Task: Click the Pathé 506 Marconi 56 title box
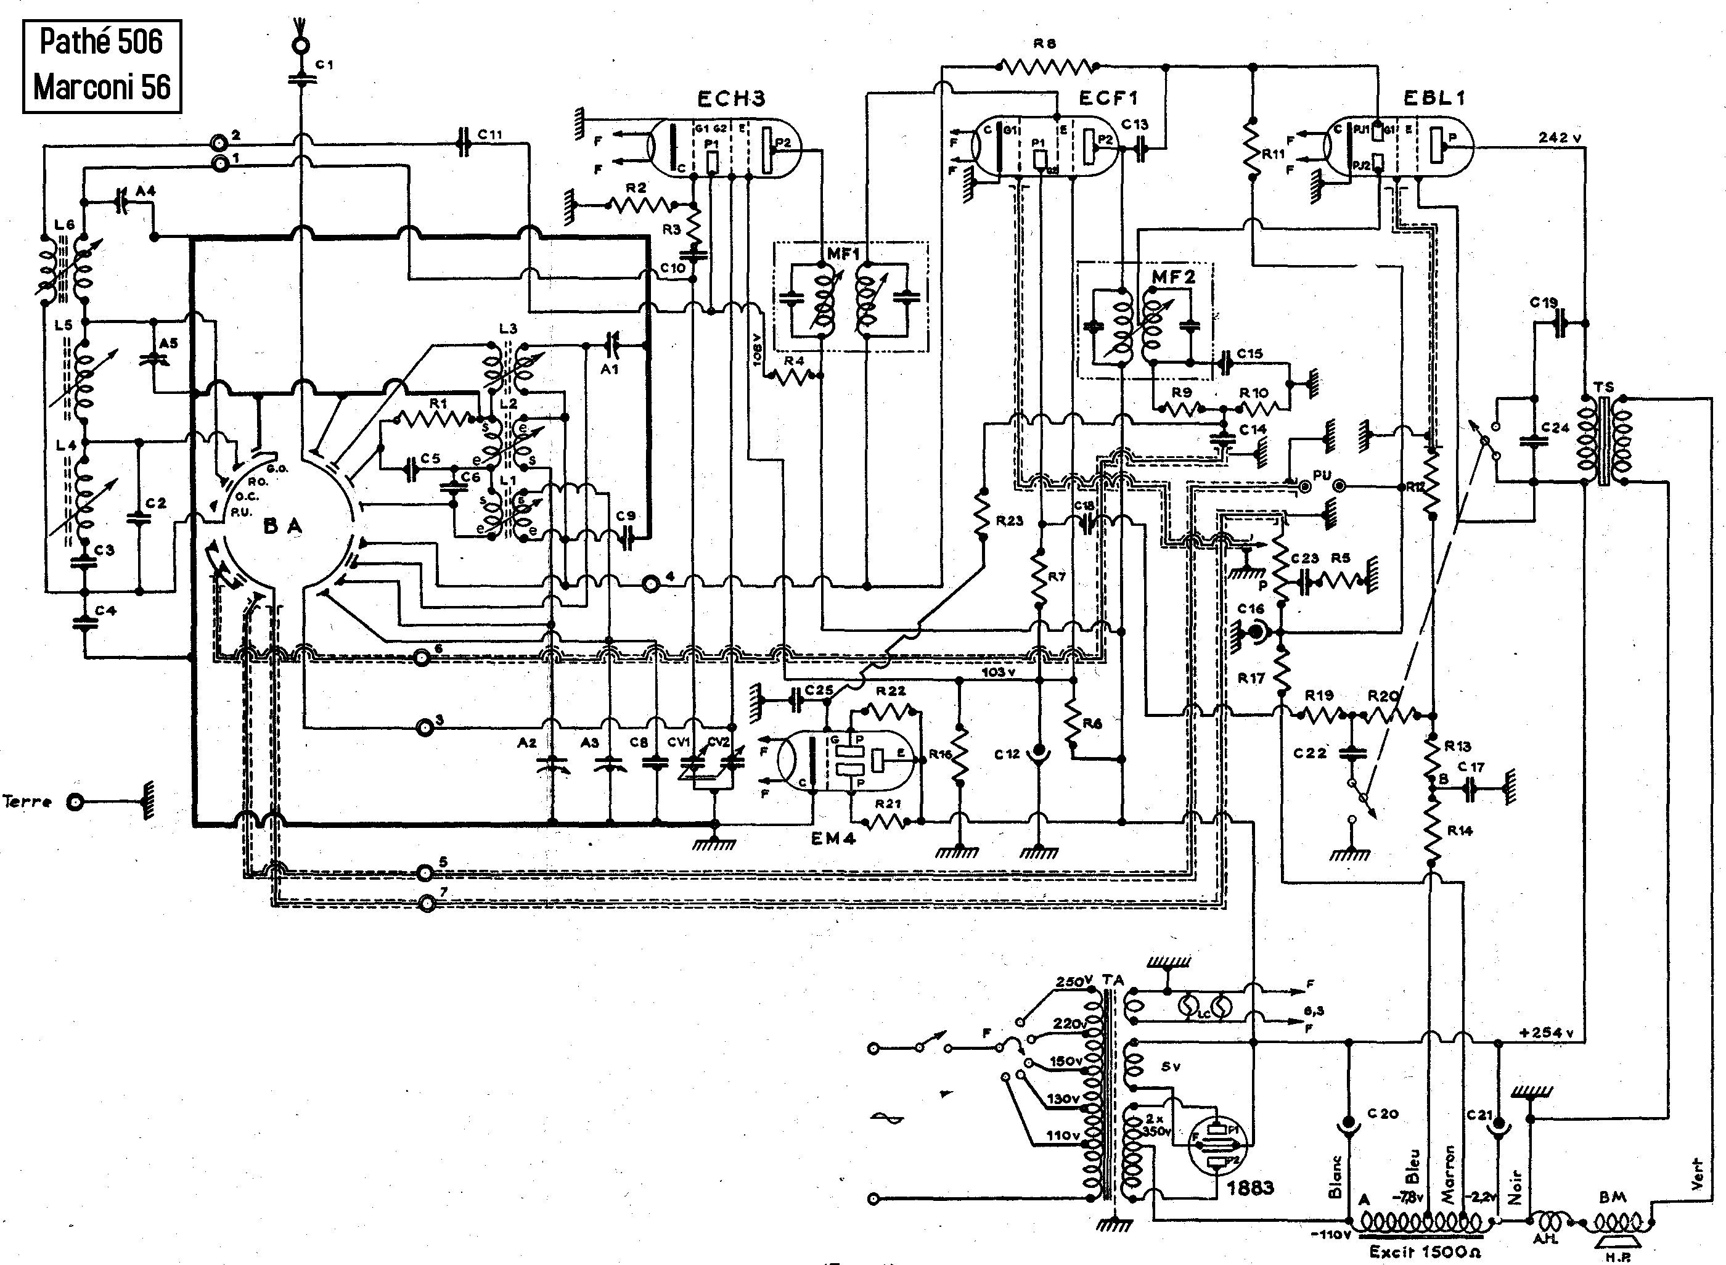102,66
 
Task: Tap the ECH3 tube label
730,99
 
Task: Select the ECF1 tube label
1108,98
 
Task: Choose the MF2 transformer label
1173,277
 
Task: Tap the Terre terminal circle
75,802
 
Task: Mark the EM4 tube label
833,838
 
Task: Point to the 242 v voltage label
1560,138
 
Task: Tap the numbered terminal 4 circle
650,585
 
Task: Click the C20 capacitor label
1383,1114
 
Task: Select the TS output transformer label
1604,387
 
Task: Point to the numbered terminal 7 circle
427,905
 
